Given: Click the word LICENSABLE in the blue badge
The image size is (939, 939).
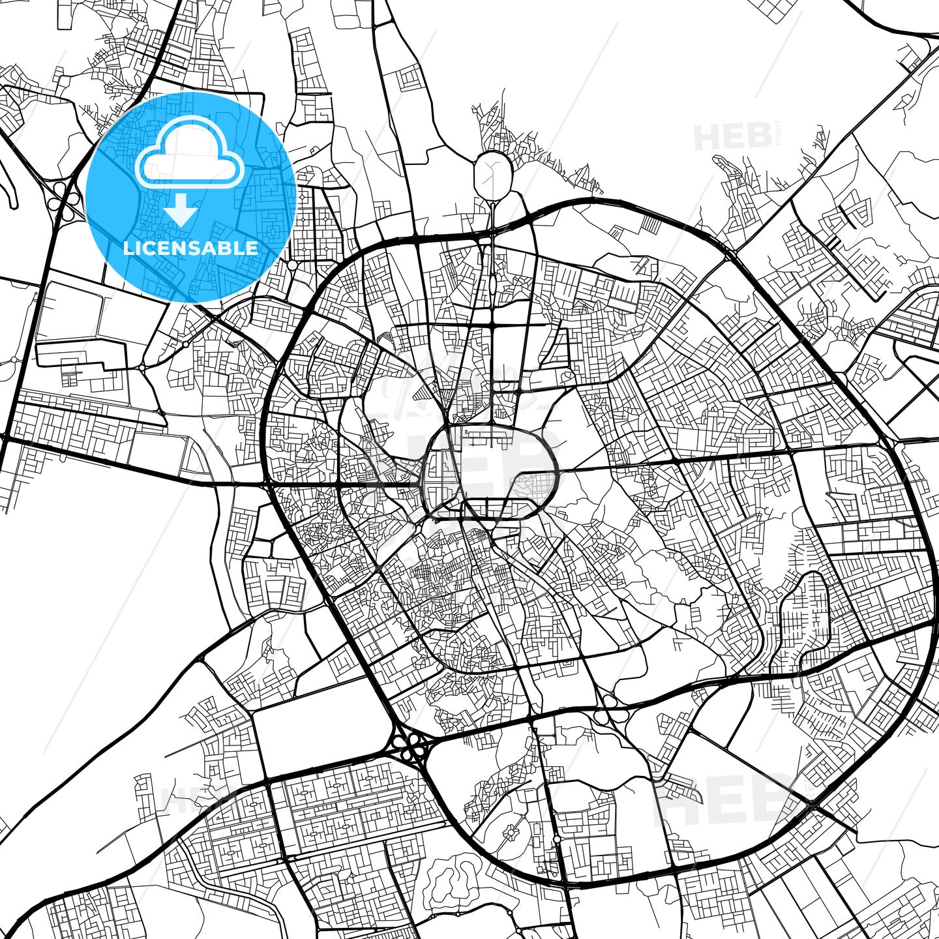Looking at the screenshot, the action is coord(191,248).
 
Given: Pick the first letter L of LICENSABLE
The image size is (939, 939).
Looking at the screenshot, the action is coord(128,248).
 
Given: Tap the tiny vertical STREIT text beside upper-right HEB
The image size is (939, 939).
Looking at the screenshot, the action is coord(777,137).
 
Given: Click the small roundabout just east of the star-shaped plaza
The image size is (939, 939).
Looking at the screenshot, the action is coord(556,839).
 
